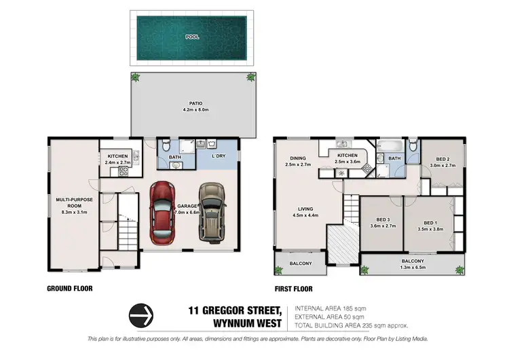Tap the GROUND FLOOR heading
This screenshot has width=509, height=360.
point(69,289)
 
